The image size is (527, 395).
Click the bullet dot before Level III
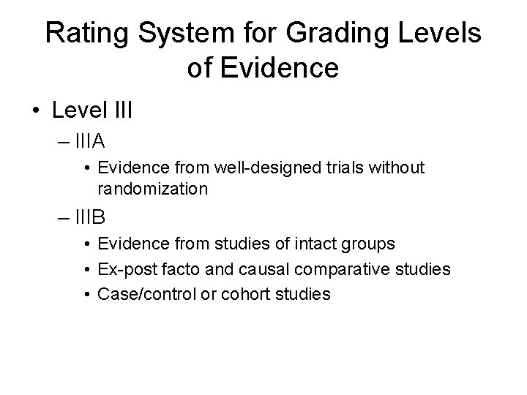pyautogui.click(x=35, y=112)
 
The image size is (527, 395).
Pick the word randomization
pyautogui.click(x=152, y=189)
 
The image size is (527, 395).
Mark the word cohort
pyautogui.click(x=242, y=294)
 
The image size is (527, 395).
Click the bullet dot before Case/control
pyautogui.click(x=87, y=294)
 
